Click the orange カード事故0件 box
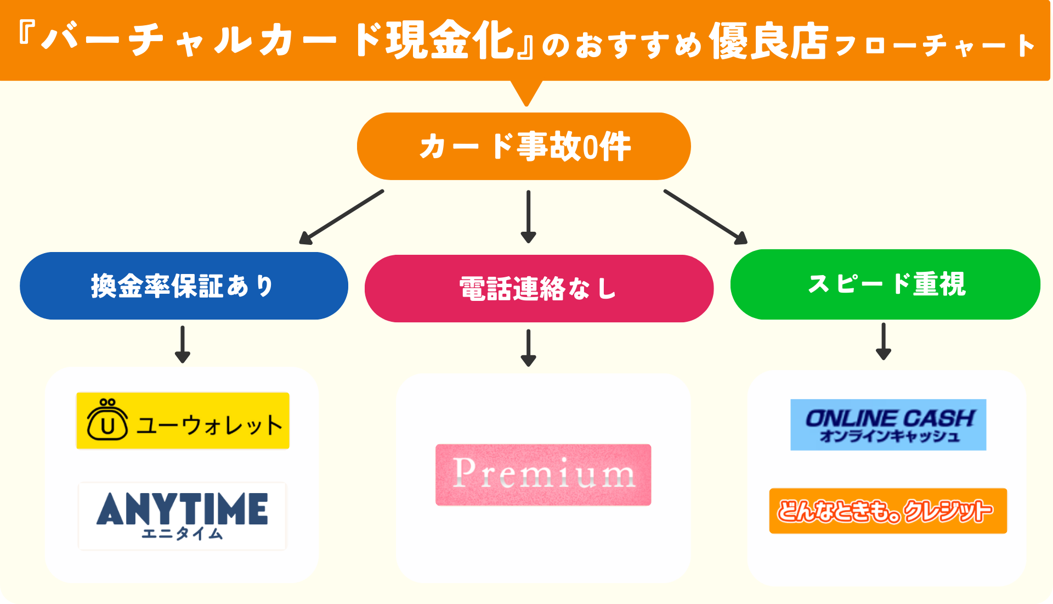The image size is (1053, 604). pyautogui.click(x=524, y=146)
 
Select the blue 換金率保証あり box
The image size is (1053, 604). pyautogui.click(x=184, y=286)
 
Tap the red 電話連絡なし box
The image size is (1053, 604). pyautogui.click(x=539, y=288)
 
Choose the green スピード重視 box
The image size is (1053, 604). pyautogui.click(x=885, y=284)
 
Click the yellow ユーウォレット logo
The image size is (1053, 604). pyautogui.click(x=183, y=421)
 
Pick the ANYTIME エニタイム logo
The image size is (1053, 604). pyautogui.click(x=182, y=516)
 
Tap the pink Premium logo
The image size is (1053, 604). pyautogui.click(x=543, y=474)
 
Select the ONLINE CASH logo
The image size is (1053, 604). pyautogui.click(x=888, y=424)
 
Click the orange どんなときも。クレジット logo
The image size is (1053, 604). pyautogui.click(x=888, y=511)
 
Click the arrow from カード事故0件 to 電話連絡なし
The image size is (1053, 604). pyautogui.click(x=528, y=216)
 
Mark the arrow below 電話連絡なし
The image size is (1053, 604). pyautogui.click(x=528, y=348)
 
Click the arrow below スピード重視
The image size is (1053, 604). pyautogui.click(x=883, y=341)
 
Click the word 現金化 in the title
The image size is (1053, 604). pyautogui.click(x=450, y=41)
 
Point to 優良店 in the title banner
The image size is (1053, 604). pyautogui.click(x=768, y=42)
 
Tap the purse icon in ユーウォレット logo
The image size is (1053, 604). pyautogui.click(x=107, y=421)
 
